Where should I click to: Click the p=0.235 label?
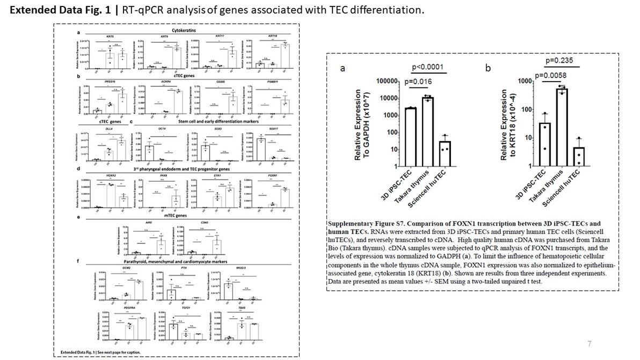559,61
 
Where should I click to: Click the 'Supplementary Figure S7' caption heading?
376,224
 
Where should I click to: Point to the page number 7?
589,344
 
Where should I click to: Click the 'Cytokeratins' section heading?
184,31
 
